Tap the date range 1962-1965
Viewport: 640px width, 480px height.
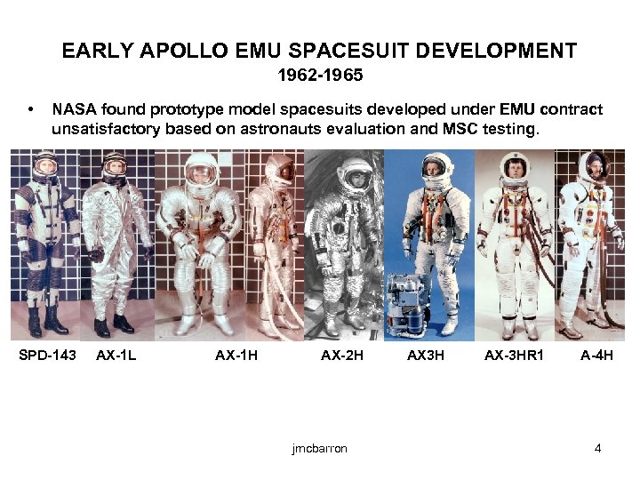point(320,76)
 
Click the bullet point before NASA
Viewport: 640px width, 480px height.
point(32,111)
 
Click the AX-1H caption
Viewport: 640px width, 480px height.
point(236,356)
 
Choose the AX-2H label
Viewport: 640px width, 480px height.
point(342,356)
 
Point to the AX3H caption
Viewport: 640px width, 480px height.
point(426,356)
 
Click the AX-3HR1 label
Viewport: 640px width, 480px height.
point(514,356)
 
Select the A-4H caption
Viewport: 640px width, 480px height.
point(597,356)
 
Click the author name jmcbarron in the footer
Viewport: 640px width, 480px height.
point(319,448)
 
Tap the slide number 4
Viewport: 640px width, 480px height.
point(598,448)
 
